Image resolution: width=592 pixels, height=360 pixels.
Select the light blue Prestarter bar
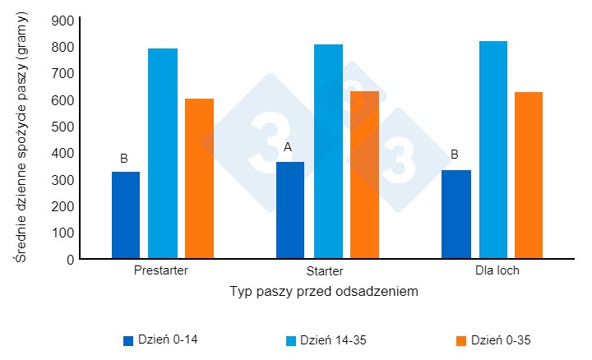tap(163, 154)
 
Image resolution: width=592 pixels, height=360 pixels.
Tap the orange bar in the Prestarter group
tap(199, 178)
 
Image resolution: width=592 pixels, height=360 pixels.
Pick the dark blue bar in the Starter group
tap(290, 210)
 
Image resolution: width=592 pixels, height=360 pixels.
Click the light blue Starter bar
tap(327, 151)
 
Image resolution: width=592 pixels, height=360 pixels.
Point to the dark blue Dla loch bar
tap(456, 215)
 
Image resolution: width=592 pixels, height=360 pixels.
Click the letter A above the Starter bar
tap(288, 148)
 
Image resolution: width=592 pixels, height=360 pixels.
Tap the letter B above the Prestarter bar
tap(124, 158)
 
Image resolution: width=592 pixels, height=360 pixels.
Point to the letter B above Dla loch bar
tap(454, 152)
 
